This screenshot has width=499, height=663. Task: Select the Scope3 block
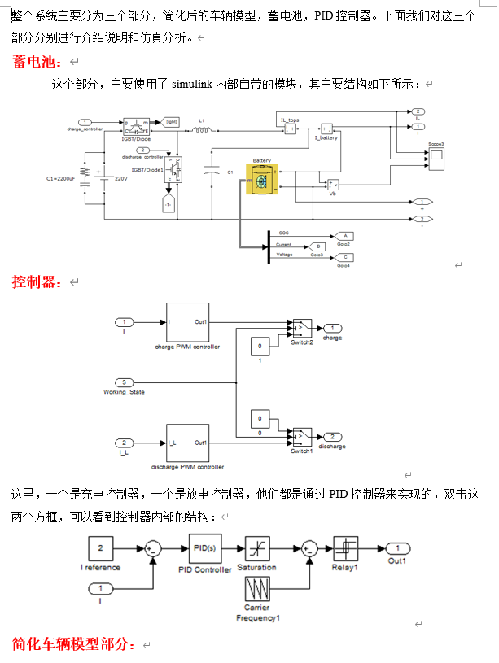(436, 155)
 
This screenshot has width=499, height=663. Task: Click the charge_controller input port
(85, 121)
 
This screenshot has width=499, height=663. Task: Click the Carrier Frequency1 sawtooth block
(258, 590)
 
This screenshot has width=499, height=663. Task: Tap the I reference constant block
(100, 548)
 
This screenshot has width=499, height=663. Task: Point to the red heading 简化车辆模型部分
(73, 644)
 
